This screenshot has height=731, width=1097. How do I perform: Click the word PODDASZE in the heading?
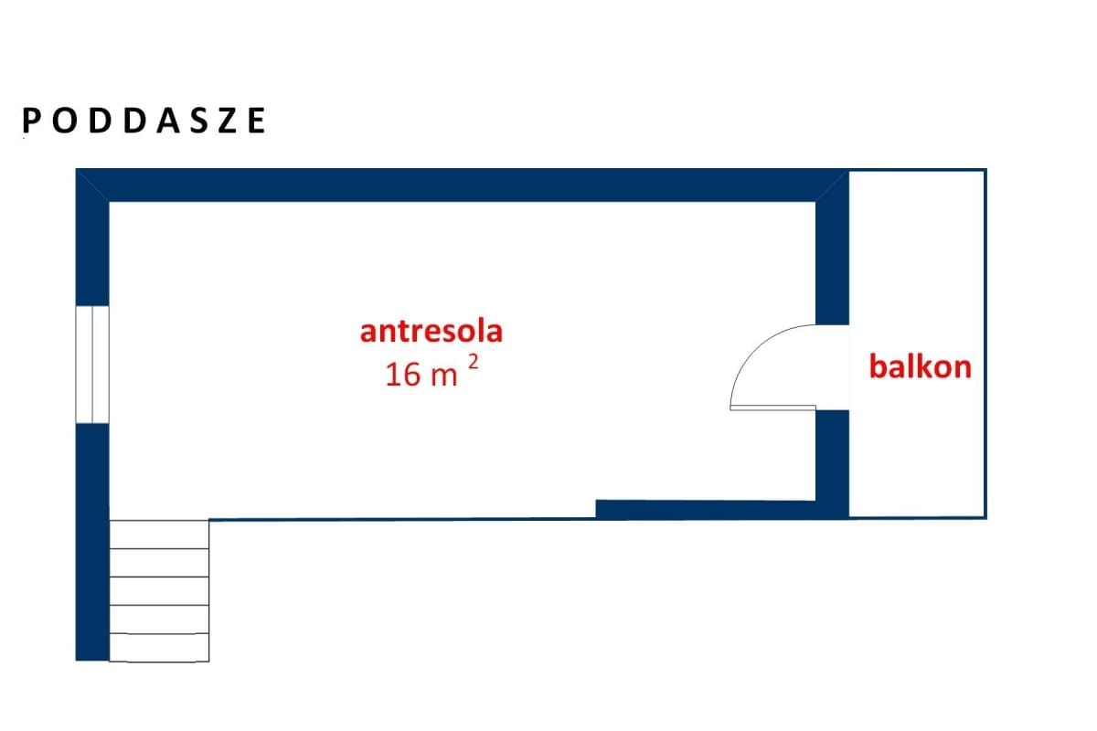pyautogui.click(x=144, y=121)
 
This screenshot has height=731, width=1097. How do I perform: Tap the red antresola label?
pyautogui.click(x=431, y=332)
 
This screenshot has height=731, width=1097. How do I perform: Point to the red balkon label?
pyautogui.click(x=921, y=366)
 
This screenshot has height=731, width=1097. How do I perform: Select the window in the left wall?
pyautogui.click(x=92, y=365)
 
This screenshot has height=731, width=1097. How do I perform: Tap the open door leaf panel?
pyautogui.click(x=772, y=408)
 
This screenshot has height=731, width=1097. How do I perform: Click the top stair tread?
pyautogui.click(x=159, y=535)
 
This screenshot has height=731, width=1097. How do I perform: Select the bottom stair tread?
pyautogui.click(x=159, y=647)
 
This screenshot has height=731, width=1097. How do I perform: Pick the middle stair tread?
pyautogui.click(x=159, y=591)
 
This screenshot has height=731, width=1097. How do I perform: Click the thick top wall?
pyautogui.click(x=463, y=185)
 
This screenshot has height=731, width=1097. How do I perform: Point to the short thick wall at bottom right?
pyautogui.click(x=706, y=509)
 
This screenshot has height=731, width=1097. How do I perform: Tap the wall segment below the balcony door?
pyautogui.click(x=832, y=463)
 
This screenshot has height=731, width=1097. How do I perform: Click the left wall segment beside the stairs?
pyautogui.click(x=92, y=542)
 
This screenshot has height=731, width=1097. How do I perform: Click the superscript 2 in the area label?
pyautogui.click(x=474, y=363)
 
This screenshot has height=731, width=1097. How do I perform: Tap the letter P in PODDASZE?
pyautogui.click(x=30, y=121)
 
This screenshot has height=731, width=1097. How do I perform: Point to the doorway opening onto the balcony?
pyautogui.click(x=832, y=367)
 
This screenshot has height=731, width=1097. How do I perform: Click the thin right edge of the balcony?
pyautogui.click(x=985, y=344)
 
